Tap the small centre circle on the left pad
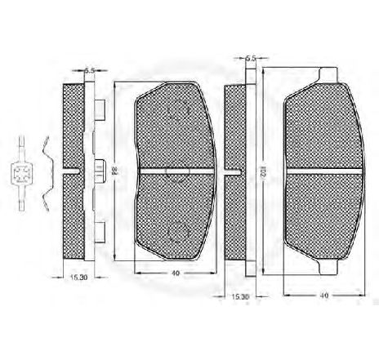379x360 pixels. click(172, 171)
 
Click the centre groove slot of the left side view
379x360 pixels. click(74, 171)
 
